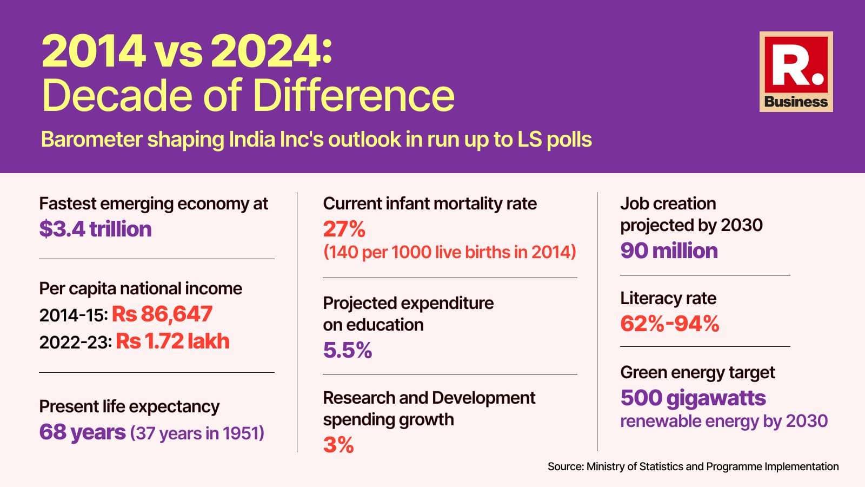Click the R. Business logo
point(796,72)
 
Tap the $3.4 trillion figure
point(95,229)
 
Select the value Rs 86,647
point(162,314)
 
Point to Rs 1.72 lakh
point(173,341)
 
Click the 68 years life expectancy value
point(82,432)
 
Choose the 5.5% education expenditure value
point(347,351)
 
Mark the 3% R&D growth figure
point(338,445)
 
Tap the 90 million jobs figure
point(669,251)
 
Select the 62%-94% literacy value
point(669,324)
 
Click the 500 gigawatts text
point(693,398)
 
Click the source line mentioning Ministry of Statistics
point(693,466)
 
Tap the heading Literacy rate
point(668,298)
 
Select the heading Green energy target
point(697,372)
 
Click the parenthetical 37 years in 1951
point(197,433)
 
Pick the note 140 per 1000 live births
point(450,252)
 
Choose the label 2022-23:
point(76,342)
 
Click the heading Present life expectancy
point(129,406)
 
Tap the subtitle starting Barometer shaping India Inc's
point(316,140)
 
